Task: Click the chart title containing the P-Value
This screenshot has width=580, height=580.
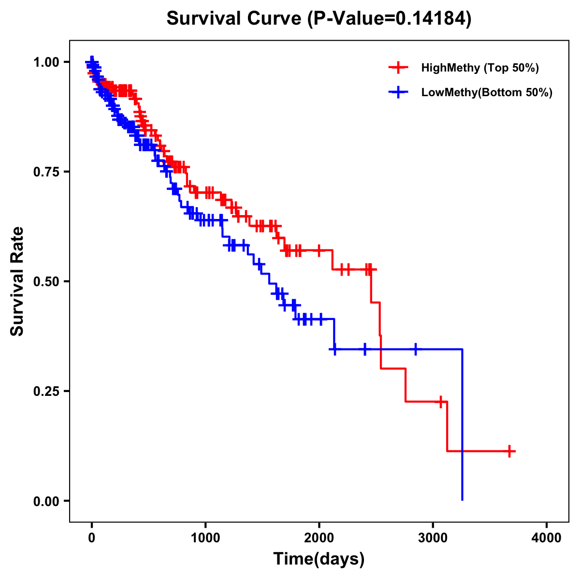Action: tap(319, 19)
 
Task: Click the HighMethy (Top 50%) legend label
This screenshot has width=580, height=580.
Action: tap(479, 68)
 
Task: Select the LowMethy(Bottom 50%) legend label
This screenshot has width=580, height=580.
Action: tap(487, 93)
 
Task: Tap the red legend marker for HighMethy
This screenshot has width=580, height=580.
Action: tap(398, 68)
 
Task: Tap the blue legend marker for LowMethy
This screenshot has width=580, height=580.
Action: tap(398, 93)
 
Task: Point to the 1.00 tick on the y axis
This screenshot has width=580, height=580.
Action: tap(46, 62)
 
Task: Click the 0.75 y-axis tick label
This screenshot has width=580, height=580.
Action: tap(46, 172)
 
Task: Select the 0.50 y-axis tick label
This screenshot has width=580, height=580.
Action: tap(46, 282)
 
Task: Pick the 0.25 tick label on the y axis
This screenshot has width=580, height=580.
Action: tap(46, 391)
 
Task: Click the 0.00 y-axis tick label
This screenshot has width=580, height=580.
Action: tap(46, 501)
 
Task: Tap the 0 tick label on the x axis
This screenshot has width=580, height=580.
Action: tap(92, 538)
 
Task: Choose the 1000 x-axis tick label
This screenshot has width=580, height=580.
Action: tap(205, 538)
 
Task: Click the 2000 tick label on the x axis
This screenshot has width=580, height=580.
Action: tap(319, 538)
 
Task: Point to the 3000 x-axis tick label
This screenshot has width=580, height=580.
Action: tap(433, 538)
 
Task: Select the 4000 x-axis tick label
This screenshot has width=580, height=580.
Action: tap(547, 538)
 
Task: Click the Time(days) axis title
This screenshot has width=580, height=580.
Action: tap(319, 559)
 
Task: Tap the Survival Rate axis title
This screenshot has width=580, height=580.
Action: tap(17, 281)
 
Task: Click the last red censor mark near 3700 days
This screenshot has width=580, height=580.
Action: tap(509, 451)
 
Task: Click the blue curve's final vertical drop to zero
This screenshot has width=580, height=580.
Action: tap(463, 425)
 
